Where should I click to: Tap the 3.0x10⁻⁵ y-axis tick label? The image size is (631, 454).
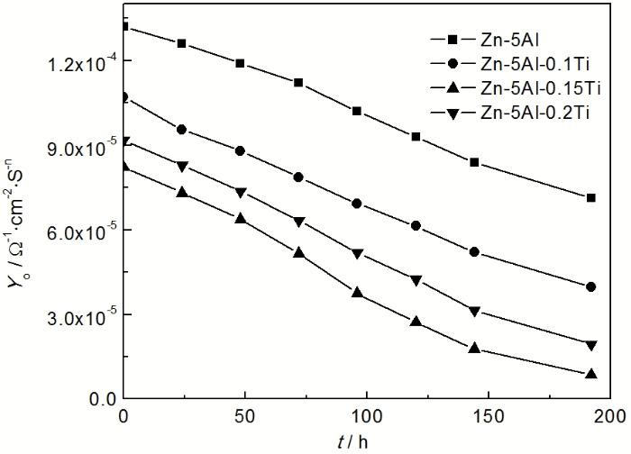pos(78,315)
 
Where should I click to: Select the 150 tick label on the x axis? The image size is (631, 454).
pos(489,416)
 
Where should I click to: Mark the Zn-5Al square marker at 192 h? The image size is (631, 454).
pos(591,198)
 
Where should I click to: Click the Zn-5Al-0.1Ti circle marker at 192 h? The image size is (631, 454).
pos(591,287)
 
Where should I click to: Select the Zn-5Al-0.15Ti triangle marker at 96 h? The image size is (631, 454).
pos(358,293)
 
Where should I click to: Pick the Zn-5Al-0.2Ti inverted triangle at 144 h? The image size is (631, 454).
pos(474,311)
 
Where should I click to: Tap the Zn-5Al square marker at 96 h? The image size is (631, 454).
pos(358,111)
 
